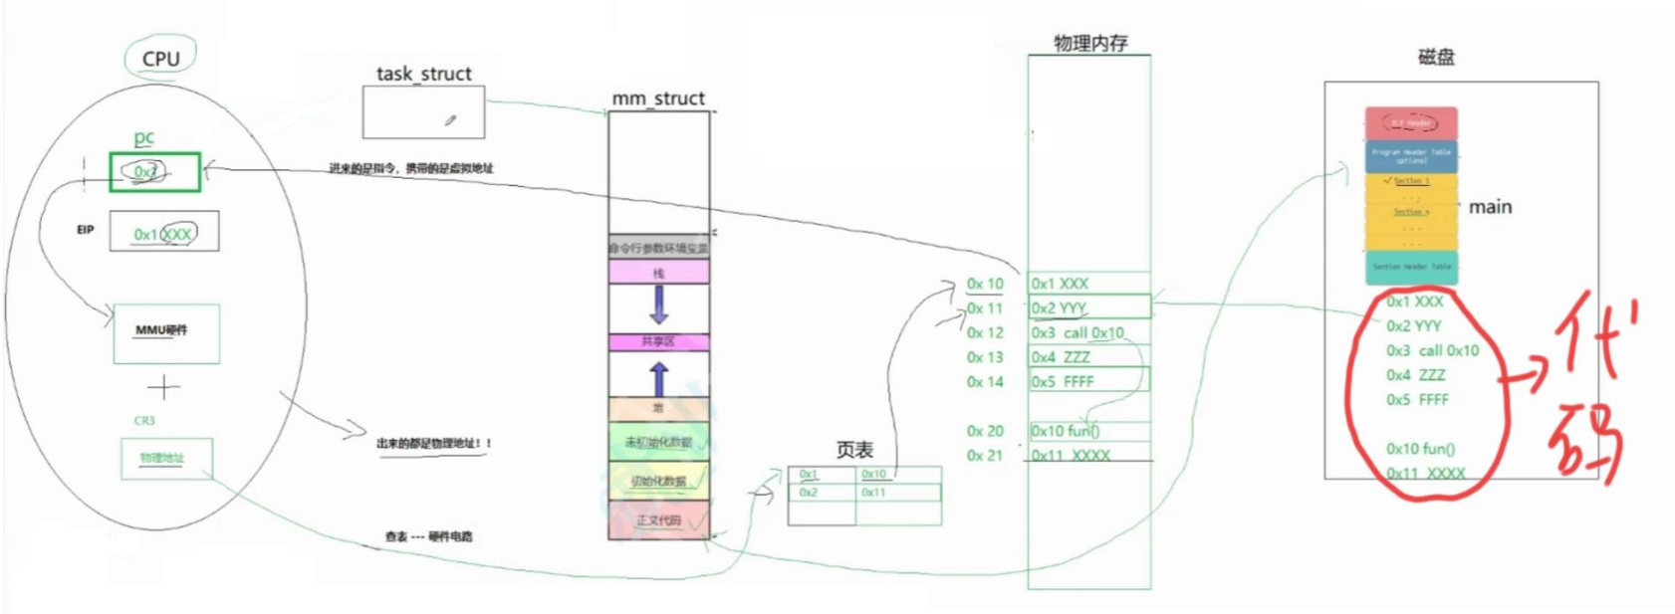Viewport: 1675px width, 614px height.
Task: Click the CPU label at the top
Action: [x=160, y=59]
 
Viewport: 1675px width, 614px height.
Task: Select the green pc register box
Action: [x=155, y=172]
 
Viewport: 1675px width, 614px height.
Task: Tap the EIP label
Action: [x=86, y=230]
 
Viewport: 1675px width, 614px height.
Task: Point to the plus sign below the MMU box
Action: [x=164, y=386]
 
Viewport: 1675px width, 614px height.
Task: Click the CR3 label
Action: [x=144, y=421]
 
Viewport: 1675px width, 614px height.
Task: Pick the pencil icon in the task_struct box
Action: [x=451, y=120]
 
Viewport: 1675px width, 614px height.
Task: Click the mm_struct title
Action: [x=657, y=99]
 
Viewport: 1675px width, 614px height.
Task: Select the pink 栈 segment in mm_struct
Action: [x=658, y=273]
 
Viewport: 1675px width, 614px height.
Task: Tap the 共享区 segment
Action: [x=658, y=341]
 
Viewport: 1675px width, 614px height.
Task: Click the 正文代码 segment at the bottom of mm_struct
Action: [x=658, y=520]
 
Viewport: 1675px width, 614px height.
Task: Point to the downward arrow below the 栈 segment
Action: [x=658, y=305]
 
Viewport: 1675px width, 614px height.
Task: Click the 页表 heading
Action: [x=853, y=450]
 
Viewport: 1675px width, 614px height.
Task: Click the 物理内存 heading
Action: [x=1090, y=43]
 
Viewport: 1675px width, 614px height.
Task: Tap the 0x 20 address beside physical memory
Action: [x=985, y=431]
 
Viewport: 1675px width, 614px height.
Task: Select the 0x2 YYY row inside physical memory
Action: [x=1088, y=307]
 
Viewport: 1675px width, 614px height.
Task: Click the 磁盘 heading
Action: [x=1436, y=58]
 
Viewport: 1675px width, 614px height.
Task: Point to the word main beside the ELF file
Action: [x=1490, y=207]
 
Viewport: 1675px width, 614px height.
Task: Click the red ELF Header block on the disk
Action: [x=1411, y=123]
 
